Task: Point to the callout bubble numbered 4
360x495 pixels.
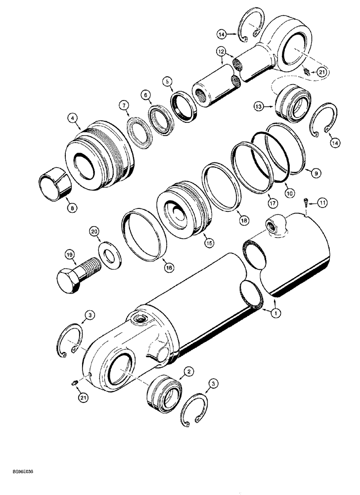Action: [73, 118]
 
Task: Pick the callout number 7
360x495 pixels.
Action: [123, 105]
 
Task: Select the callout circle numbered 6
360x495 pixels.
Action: [145, 94]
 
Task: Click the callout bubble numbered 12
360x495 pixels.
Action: [221, 51]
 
